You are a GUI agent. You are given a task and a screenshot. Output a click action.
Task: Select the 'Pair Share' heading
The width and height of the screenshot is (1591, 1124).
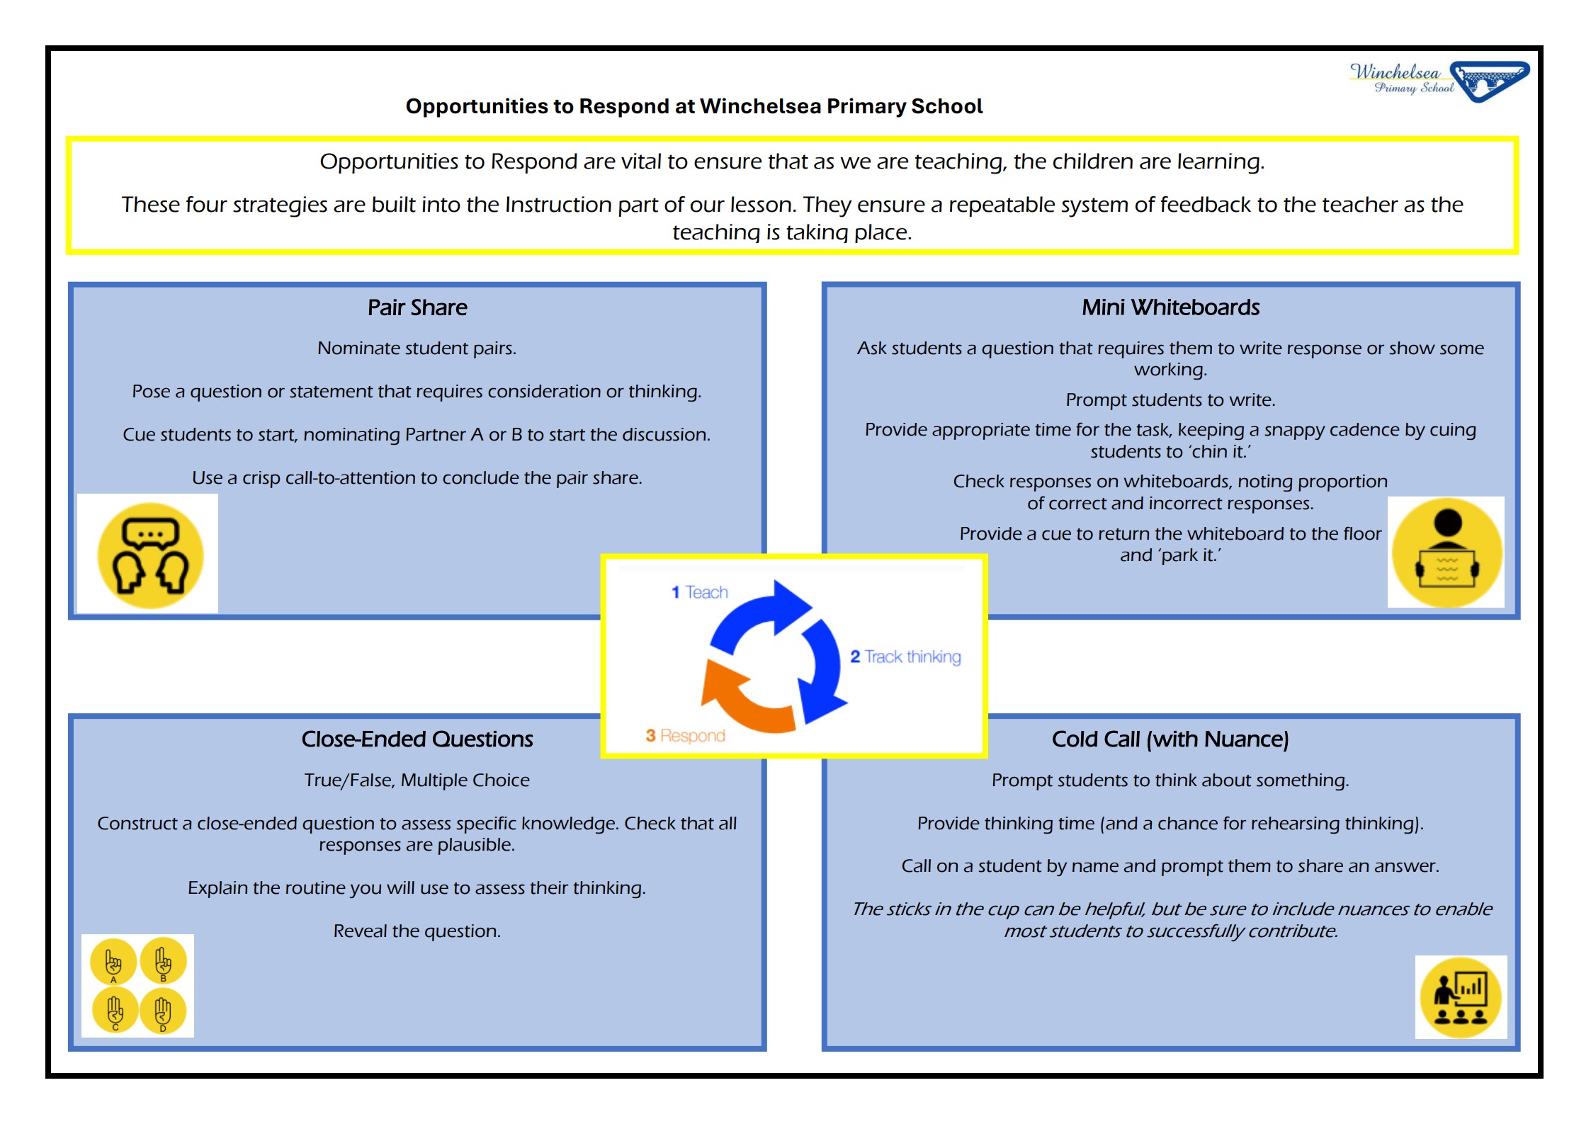click(417, 307)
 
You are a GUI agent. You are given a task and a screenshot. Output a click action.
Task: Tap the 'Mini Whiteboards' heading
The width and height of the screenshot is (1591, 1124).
click(1170, 307)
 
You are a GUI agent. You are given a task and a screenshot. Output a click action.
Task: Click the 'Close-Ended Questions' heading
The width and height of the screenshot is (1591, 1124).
click(417, 739)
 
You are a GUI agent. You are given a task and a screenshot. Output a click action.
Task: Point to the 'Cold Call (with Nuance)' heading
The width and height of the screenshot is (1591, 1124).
click(1170, 739)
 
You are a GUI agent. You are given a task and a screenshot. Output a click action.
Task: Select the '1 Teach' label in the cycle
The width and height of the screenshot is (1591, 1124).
click(700, 592)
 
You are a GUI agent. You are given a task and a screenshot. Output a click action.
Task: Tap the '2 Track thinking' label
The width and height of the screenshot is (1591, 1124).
click(905, 657)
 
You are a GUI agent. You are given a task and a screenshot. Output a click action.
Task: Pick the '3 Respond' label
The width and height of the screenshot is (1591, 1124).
click(685, 736)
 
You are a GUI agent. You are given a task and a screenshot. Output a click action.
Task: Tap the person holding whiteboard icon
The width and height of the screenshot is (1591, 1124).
click(1446, 552)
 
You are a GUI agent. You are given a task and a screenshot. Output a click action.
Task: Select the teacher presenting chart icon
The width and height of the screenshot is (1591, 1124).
click(1461, 998)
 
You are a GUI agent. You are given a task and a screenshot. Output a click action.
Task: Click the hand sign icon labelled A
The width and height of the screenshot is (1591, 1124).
click(113, 962)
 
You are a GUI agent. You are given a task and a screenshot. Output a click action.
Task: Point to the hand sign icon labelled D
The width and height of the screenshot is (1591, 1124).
click(163, 1011)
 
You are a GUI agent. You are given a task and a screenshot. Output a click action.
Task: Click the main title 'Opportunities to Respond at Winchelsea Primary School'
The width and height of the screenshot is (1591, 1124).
click(694, 106)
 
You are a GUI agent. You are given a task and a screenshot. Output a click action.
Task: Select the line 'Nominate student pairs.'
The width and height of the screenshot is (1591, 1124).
click(417, 348)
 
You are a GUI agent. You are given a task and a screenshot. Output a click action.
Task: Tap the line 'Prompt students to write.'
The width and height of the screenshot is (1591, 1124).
click(1170, 400)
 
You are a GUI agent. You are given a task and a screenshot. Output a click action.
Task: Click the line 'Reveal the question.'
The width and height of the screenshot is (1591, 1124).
click(417, 931)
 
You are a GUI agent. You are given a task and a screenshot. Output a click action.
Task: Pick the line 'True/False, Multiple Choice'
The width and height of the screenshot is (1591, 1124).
click(417, 780)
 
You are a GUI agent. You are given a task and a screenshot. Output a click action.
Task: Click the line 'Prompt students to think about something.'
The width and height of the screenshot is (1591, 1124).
click(1170, 780)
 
